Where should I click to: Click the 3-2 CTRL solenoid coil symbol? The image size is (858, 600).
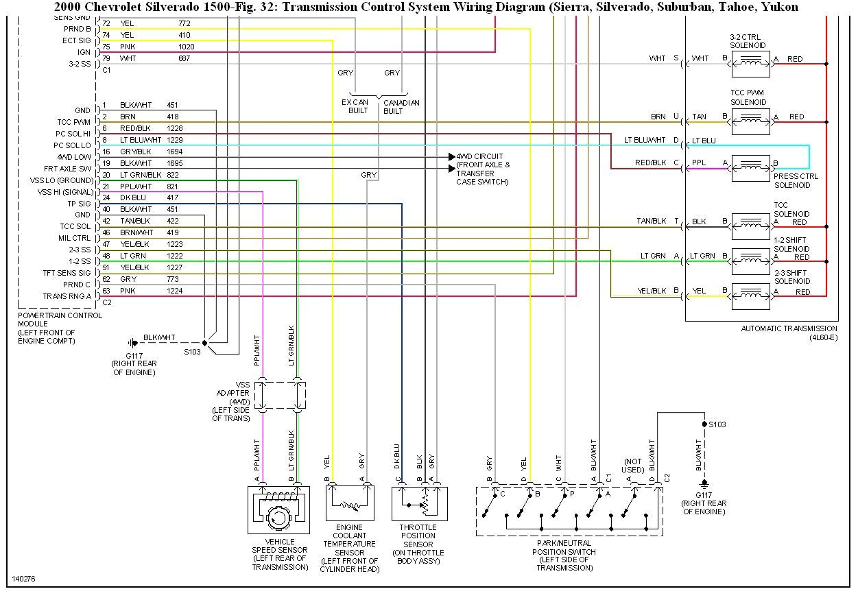[x=750, y=63]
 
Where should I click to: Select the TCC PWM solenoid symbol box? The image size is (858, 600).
[x=750, y=121]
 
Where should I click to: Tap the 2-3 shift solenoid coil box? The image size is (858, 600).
[x=750, y=296]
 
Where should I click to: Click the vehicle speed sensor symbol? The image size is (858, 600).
[x=278, y=510]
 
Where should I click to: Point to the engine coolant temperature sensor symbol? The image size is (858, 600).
[x=350, y=503]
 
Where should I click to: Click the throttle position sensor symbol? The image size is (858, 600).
[x=419, y=503]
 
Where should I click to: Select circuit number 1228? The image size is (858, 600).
[x=175, y=128]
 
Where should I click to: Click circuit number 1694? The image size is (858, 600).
[x=175, y=152]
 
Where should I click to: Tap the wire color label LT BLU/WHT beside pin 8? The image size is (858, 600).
[x=141, y=140]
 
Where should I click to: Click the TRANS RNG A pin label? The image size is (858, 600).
[x=67, y=296]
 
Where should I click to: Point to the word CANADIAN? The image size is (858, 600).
[x=401, y=103]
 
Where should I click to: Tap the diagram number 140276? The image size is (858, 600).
[x=23, y=579]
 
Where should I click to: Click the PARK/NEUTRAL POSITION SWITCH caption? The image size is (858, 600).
[x=564, y=547]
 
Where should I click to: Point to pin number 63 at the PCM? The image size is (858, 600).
[x=106, y=291]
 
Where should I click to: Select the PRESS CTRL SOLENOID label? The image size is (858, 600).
[x=796, y=180]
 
